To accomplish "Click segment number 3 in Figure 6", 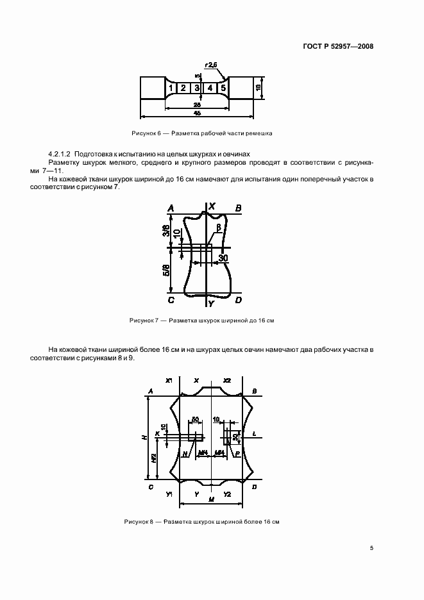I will point(197,88).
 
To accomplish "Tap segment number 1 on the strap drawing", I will point(171,88).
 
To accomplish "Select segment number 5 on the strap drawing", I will point(223,88).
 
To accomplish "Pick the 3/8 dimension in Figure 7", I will point(166,231).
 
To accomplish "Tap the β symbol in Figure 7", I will point(219,227).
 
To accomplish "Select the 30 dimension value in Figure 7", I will point(223,258).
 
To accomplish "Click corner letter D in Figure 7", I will point(238,300).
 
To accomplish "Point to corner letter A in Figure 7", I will point(171,208).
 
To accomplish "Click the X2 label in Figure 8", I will point(227,381).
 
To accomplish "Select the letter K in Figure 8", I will point(157,435).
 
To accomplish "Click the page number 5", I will point(372,548).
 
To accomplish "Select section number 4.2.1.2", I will point(60,154).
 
